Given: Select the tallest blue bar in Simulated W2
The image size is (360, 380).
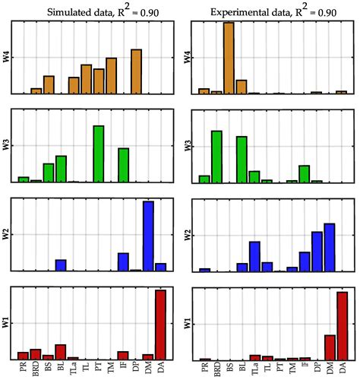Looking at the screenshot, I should click(x=148, y=236).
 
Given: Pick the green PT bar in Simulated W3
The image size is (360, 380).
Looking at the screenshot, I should click(x=98, y=154).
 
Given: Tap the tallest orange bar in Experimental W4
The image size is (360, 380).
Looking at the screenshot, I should click(x=229, y=58).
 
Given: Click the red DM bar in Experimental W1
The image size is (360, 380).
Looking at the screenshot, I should click(x=330, y=347).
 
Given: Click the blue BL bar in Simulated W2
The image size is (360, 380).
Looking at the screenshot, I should click(x=61, y=265).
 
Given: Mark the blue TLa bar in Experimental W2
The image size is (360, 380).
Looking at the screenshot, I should click(x=254, y=256).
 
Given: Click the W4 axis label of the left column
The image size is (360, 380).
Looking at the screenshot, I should click(x=7, y=57).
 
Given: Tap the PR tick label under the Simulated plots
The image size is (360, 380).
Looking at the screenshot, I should click(x=24, y=369).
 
